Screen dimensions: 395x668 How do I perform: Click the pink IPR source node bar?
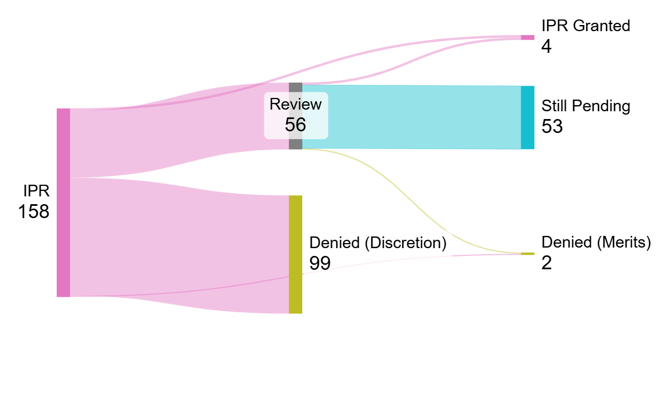(x=63, y=203)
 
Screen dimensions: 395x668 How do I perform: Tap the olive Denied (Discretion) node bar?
(x=296, y=254)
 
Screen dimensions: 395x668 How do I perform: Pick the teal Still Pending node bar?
(x=527, y=117)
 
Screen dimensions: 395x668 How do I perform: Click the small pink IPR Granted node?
(x=527, y=37)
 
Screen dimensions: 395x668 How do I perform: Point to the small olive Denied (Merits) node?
(x=527, y=254)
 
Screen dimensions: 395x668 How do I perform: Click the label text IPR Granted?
(x=586, y=26)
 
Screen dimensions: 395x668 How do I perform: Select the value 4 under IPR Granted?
(x=546, y=46)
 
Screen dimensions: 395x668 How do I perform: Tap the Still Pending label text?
(x=586, y=106)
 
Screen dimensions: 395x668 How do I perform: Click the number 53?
(x=552, y=126)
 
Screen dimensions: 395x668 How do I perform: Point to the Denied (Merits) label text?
(x=596, y=242)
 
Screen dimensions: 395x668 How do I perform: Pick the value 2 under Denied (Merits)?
(x=546, y=263)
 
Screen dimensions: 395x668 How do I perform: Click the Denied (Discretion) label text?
(x=378, y=243)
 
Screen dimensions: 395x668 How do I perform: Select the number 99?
(x=320, y=263)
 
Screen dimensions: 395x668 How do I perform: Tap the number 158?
(x=34, y=211)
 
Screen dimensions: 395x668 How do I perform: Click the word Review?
(x=296, y=104)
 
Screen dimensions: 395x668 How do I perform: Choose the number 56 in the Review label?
(x=296, y=125)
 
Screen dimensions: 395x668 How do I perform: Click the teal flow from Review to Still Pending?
(x=412, y=117)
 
